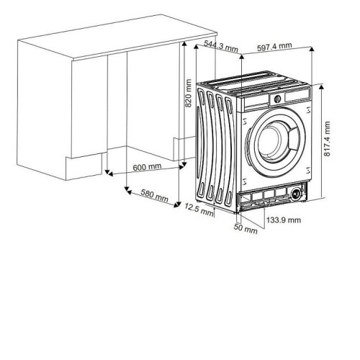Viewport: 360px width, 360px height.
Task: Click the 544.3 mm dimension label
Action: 221,45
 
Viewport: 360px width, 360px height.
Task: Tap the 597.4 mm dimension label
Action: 274,47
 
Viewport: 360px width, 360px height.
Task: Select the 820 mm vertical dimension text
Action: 189,93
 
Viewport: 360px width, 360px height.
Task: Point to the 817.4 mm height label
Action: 327,139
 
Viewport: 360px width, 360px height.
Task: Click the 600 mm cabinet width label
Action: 147,167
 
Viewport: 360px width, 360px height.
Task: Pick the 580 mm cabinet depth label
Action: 154,196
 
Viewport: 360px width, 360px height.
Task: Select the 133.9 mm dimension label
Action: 284,220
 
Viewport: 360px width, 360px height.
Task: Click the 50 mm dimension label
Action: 246,228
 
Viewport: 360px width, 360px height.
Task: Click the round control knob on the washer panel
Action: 277,99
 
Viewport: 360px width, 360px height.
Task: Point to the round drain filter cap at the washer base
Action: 296,193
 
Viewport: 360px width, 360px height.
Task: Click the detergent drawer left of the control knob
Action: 256,103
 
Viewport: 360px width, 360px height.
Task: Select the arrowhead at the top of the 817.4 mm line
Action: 321,86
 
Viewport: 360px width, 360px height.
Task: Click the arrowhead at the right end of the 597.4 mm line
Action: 312,49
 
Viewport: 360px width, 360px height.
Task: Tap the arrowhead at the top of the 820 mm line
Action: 184,44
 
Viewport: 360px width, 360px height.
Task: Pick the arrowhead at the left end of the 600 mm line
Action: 110,174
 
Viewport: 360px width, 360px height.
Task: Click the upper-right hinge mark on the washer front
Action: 308,110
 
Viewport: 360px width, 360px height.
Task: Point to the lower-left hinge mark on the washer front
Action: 245,181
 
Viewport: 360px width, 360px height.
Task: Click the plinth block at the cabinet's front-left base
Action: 84,167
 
